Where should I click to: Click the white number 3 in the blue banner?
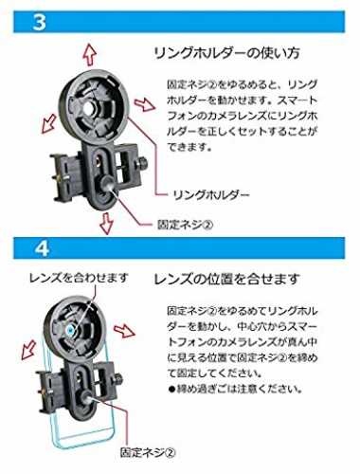39,22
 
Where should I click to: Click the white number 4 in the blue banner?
42,248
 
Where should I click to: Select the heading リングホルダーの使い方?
226,53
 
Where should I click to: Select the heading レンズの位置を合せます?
226,279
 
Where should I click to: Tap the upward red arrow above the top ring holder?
90,54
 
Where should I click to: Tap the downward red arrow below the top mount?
106,223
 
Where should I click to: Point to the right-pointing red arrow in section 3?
145,104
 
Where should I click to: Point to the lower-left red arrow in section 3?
50,122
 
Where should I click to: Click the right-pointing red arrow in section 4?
124,331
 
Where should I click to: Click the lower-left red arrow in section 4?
29,350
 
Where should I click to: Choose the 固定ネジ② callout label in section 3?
186,225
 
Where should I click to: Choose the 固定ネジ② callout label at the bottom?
147,452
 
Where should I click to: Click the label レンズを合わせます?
79,278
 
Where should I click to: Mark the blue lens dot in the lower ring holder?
70,330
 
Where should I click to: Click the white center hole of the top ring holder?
90,108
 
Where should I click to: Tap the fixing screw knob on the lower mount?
87,395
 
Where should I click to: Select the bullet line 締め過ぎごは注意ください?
235,389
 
